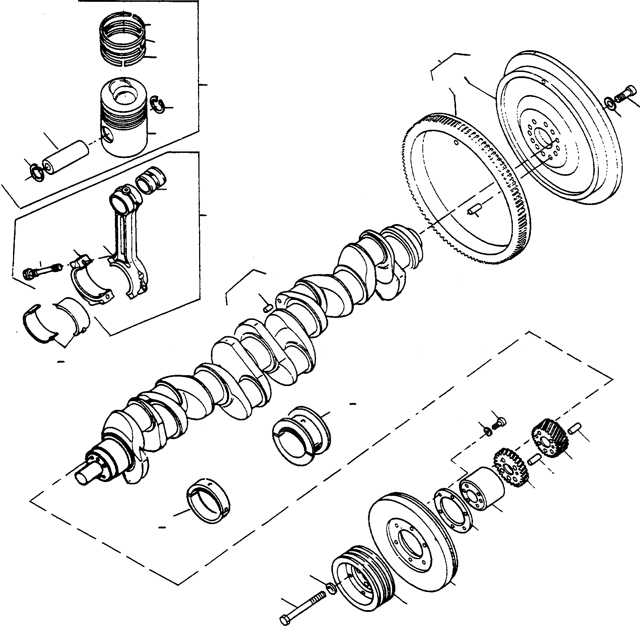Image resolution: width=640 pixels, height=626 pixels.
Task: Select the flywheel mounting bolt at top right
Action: [623, 94]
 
